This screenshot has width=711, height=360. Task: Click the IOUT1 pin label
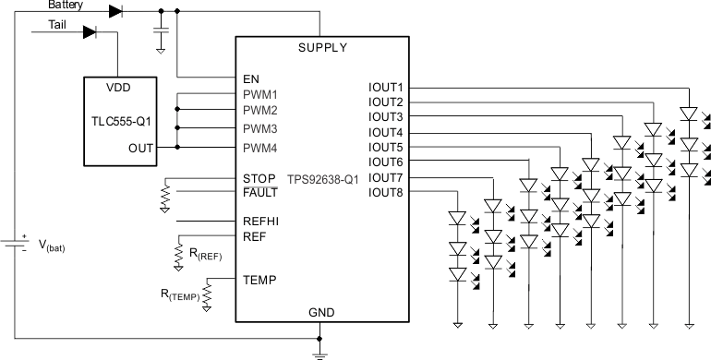click(385, 88)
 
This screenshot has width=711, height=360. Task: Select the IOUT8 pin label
click(385, 192)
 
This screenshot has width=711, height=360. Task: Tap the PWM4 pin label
click(260, 147)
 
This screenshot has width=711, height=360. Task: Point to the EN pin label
click(250, 78)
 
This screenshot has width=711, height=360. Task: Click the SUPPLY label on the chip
click(322, 47)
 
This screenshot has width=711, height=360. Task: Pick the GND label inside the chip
click(322, 313)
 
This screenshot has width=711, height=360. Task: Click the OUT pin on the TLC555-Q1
click(140, 147)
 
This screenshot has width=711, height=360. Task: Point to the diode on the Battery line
click(115, 11)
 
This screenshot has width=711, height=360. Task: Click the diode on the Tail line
click(90, 32)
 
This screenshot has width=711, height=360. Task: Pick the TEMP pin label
click(258, 279)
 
